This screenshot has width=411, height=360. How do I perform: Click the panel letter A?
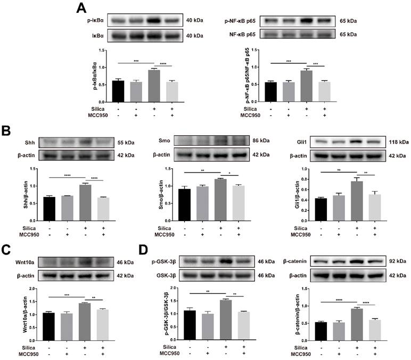pyautogui.click(x=81, y=7)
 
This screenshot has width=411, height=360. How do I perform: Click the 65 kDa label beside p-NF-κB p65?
pyautogui.click(x=348, y=21)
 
